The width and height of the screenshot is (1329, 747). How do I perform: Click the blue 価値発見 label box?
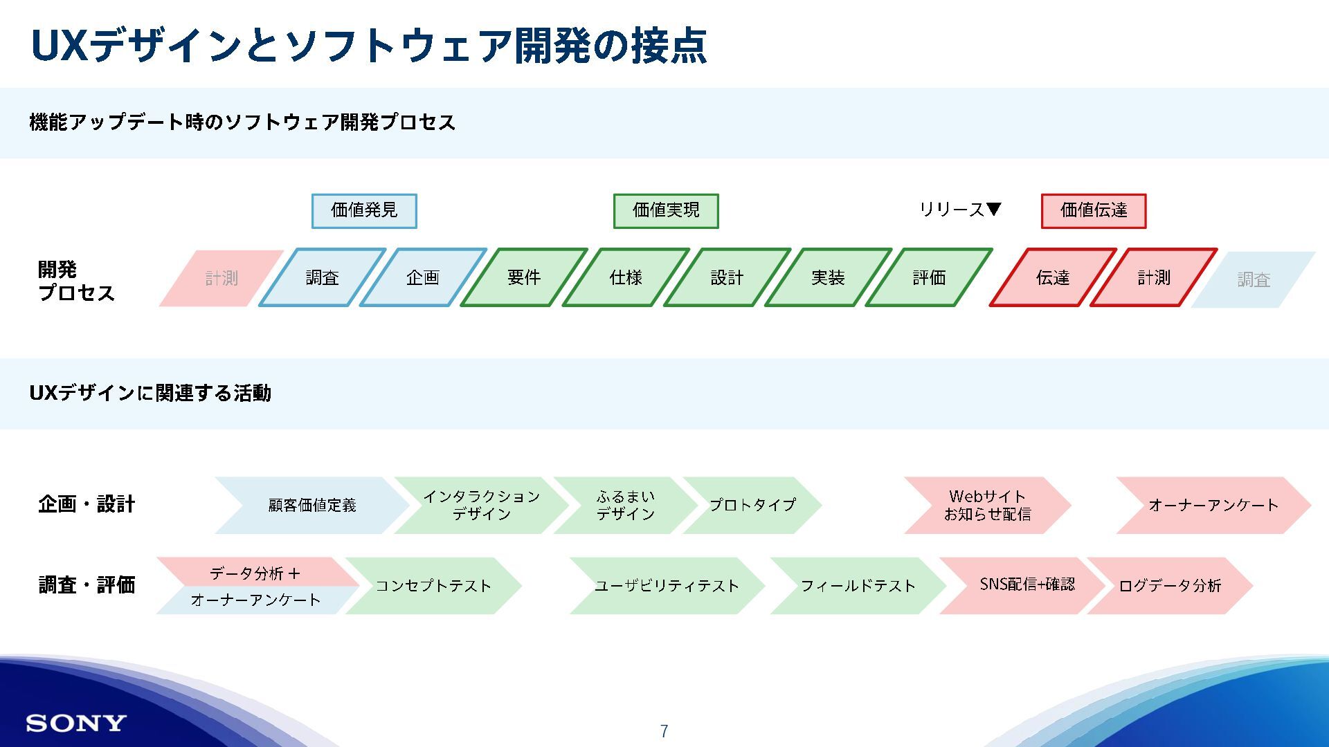(364, 211)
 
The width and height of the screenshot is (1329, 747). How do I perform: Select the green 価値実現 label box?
(666, 211)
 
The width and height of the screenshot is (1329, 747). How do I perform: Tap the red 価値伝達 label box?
(1094, 211)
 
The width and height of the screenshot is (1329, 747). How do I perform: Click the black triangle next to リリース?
(993, 209)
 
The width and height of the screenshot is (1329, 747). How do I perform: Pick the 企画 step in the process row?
(423, 277)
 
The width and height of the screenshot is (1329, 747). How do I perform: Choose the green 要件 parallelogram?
(524, 277)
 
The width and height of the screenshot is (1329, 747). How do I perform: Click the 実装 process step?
(828, 277)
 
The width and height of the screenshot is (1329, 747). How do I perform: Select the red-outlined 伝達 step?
(1053, 277)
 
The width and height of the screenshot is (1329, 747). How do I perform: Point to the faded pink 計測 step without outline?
(221, 278)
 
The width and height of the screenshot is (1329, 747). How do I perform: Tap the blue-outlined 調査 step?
(323, 277)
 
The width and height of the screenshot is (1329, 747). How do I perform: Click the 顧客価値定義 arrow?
(312, 505)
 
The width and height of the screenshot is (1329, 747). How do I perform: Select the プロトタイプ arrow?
(752, 505)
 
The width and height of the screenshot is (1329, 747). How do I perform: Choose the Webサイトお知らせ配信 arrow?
(988, 505)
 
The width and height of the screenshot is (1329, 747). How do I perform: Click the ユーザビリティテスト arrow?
(667, 586)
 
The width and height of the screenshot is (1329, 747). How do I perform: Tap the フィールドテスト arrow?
(858, 586)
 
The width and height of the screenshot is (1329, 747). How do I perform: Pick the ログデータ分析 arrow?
(1170, 586)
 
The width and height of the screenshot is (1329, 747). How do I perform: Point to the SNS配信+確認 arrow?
(1027, 584)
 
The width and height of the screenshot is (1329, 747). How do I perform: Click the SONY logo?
(76, 723)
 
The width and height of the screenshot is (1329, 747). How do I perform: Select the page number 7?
(664, 731)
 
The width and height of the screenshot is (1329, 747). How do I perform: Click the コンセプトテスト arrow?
(433, 586)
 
